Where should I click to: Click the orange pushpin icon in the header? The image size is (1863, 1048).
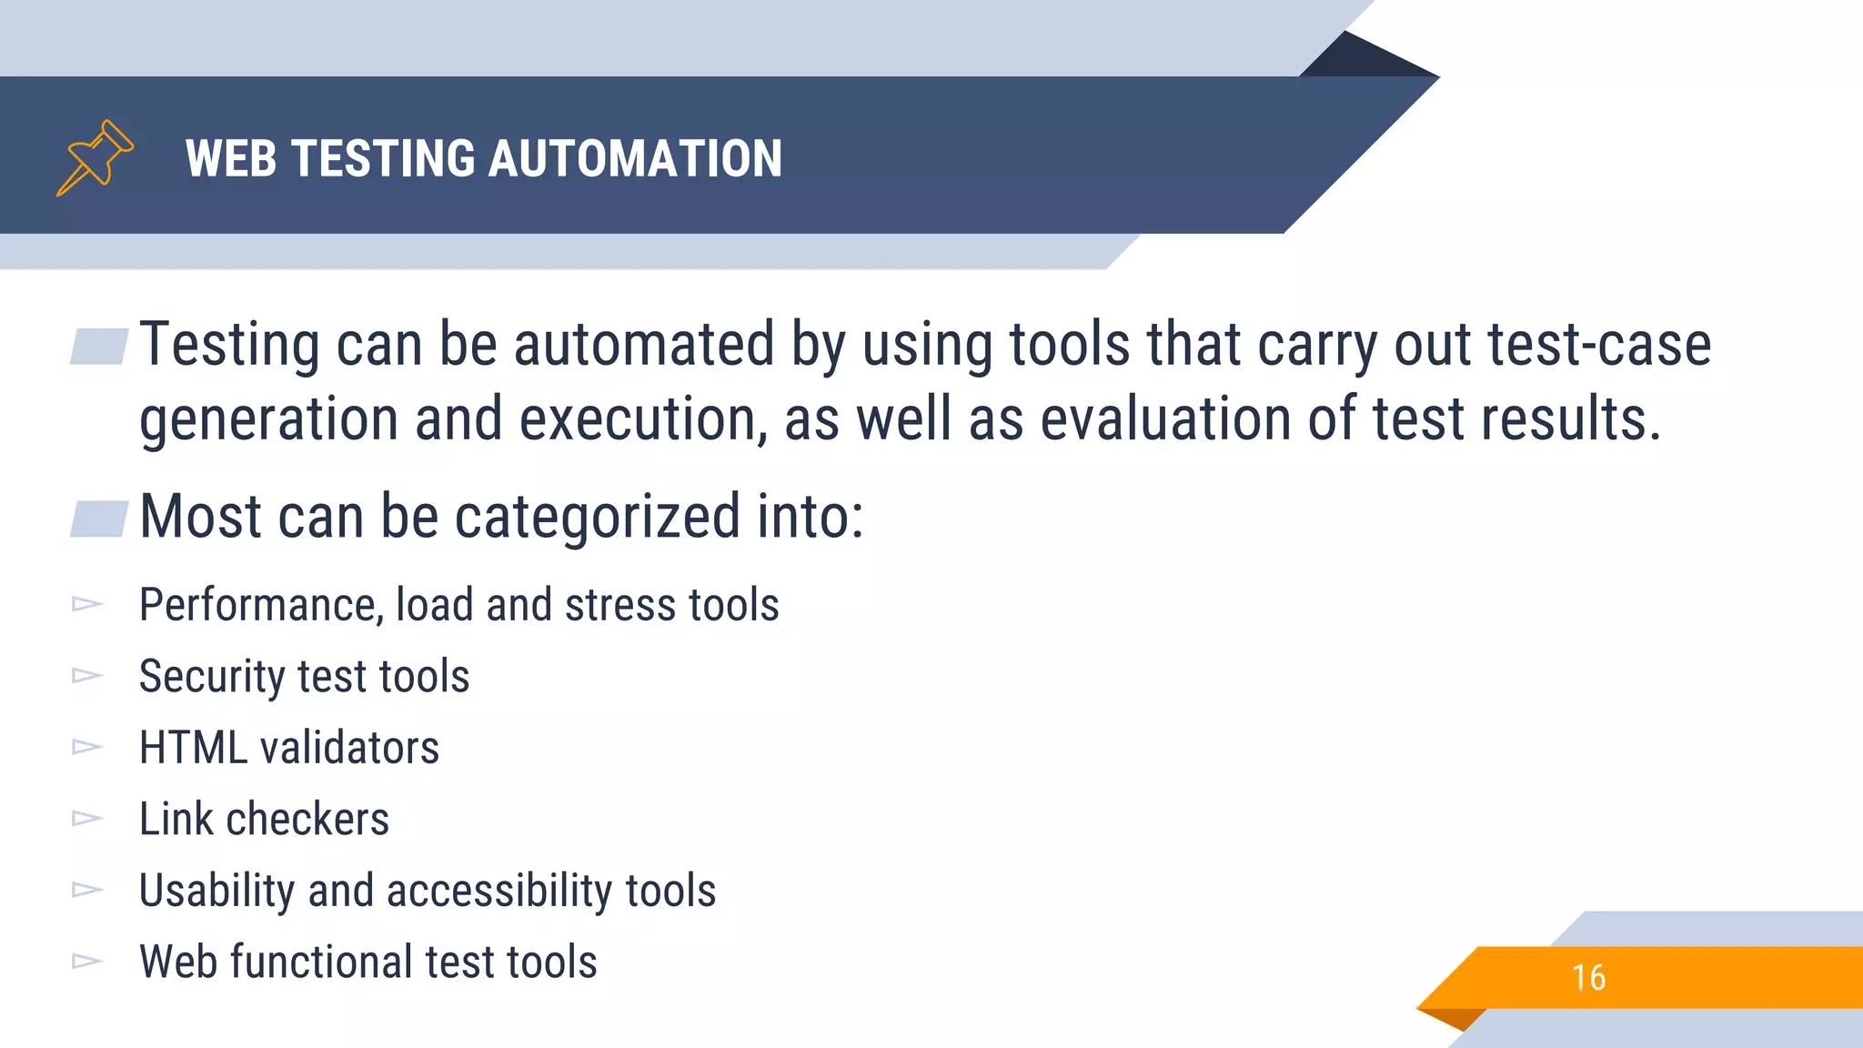[x=95, y=157]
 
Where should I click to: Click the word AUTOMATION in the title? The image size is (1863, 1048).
[x=635, y=158]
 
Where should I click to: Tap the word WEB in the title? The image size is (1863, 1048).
[x=230, y=158]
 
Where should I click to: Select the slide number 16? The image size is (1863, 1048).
[x=1588, y=978]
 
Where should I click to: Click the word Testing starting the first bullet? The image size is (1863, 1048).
[x=229, y=346]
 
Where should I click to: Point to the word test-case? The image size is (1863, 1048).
[x=1599, y=346]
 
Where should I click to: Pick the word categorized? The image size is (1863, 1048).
[x=598, y=517]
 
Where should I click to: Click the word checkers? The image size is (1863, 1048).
[x=307, y=820]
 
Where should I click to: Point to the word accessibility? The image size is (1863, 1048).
[x=499, y=891]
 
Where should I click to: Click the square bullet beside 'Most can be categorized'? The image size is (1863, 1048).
[x=99, y=519]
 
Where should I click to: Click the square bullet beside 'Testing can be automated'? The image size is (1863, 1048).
[x=99, y=347]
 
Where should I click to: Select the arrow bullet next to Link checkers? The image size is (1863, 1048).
[x=87, y=819]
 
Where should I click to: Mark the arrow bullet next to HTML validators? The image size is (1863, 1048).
[x=87, y=747]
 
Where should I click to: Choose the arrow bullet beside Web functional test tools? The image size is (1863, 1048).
[x=87, y=961]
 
